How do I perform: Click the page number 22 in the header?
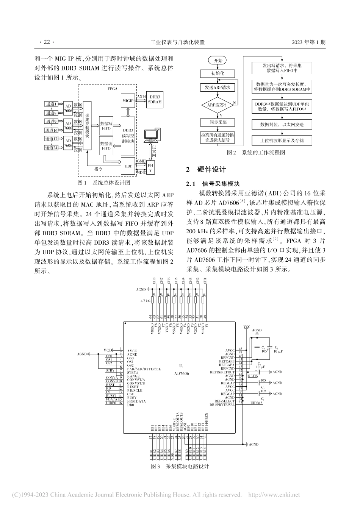tap(47, 42)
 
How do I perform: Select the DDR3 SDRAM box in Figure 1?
tap(155, 99)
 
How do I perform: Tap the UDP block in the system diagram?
tap(128, 166)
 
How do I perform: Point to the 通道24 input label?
tap(51, 148)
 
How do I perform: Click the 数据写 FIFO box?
tap(106, 126)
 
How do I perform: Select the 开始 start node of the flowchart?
tap(218, 61)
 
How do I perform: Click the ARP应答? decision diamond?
tap(218, 105)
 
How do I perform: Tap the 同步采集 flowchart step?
tap(218, 122)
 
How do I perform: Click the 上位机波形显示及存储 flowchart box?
tap(282, 141)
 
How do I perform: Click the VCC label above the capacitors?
tap(247, 326)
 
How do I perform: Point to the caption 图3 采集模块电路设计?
tap(180, 467)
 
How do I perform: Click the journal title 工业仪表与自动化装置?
tap(177, 42)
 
